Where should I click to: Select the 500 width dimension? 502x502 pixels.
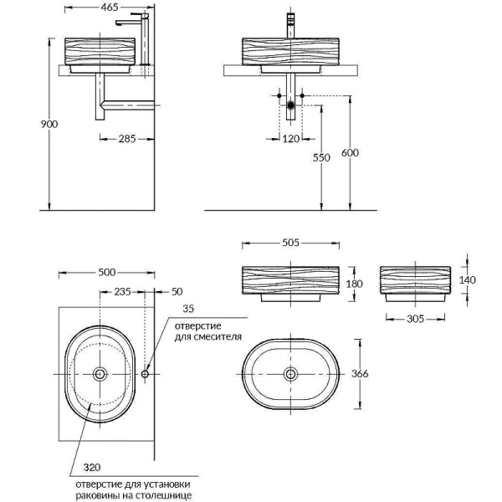coord(105,272)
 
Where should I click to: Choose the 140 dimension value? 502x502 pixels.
coord(468,280)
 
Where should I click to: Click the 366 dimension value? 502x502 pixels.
coord(373,373)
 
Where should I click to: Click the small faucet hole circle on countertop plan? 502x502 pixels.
coord(146,374)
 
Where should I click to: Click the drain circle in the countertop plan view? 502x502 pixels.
coord(100,374)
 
